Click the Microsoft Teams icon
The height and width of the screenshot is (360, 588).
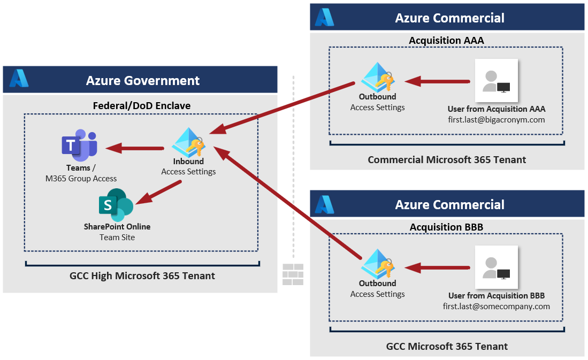tap(79, 145)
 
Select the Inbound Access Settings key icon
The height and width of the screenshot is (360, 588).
tap(189, 142)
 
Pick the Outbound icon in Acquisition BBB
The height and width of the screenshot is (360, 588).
tap(378, 264)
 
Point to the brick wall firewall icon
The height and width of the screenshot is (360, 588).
tap(293, 274)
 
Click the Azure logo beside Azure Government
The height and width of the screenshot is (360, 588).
tap(19, 79)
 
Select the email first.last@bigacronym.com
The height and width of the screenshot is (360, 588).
tap(496, 120)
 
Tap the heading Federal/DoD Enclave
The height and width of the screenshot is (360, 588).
tap(142, 105)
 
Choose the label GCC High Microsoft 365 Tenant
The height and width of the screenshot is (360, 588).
tap(142, 276)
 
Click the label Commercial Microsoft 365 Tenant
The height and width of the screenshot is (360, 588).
tap(447, 159)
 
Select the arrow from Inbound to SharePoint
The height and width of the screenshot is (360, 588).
tap(159, 193)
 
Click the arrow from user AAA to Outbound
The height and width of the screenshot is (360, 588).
tap(437, 82)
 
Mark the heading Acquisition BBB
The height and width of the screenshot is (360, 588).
tap(446, 227)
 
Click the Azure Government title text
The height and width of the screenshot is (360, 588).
tap(143, 81)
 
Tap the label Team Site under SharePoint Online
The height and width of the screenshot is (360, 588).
tap(117, 237)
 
